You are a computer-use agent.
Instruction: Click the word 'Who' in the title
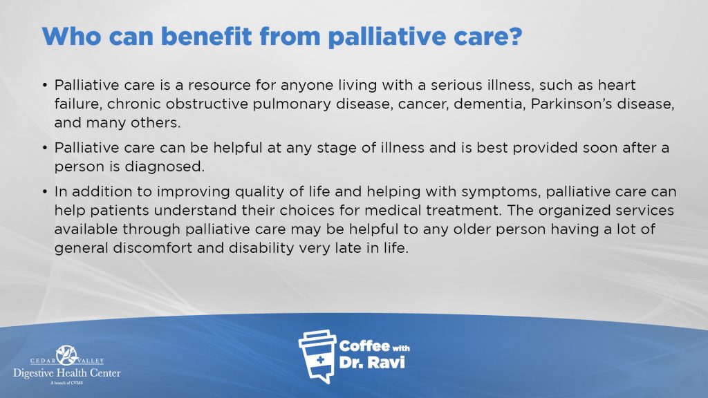(71, 36)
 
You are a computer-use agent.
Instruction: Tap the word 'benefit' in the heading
(206, 36)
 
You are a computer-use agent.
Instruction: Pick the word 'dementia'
(489, 104)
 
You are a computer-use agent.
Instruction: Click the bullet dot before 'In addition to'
(45, 192)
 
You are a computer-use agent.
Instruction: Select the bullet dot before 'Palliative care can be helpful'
(45, 148)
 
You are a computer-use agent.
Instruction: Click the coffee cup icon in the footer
(317, 357)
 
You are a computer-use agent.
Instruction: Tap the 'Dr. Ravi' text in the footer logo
(371, 362)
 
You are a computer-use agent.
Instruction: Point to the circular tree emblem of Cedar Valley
(67, 355)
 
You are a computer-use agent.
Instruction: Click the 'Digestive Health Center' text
(67, 373)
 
